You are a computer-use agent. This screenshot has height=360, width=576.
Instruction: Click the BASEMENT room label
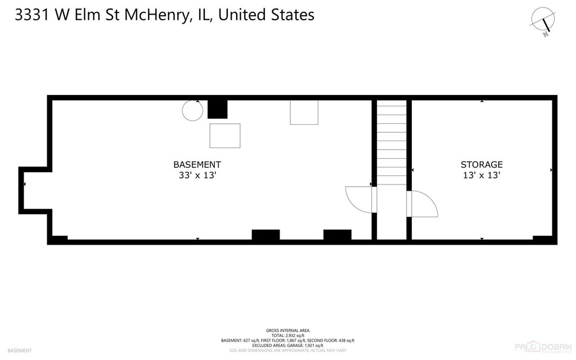(197, 164)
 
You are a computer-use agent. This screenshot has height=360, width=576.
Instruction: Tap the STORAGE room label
(481, 164)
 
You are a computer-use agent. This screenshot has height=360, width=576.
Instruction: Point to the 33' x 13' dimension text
(197, 175)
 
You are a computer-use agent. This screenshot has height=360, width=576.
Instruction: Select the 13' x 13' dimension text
(481, 175)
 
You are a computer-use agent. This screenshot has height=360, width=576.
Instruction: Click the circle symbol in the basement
(192, 110)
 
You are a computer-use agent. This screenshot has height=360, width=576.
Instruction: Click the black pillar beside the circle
(217, 109)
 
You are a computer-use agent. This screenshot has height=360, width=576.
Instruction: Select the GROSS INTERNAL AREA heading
(287, 330)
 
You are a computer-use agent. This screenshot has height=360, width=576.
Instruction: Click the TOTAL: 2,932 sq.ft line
(287, 335)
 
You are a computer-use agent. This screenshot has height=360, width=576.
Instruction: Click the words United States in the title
(266, 15)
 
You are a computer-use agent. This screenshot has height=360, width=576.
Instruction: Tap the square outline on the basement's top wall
(304, 112)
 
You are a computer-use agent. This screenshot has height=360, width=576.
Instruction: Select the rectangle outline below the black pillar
(225, 136)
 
